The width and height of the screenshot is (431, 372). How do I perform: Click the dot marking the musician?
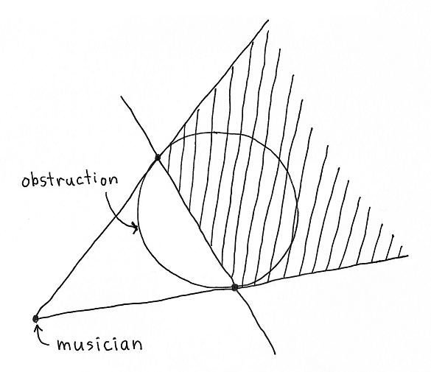pyautogui.click(x=35, y=318)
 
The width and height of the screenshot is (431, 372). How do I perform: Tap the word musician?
pyautogui.click(x=99, y=344)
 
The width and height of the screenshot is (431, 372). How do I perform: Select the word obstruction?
pyautogui.click(x=70, y=180)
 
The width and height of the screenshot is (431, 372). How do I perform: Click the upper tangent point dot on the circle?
pyautogui.click(x=158, y=157)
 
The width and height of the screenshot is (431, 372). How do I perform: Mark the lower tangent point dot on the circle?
pyautogui.click(x=234, y=287)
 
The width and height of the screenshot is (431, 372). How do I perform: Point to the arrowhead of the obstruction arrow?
pyautogui.click(x=135, y=228)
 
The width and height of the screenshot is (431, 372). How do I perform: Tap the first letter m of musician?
pyautogui.click(x=64, y=345)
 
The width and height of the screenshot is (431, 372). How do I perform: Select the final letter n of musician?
pyautogui.click(x=137, y=345)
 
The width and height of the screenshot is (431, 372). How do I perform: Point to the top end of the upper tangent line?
pyautogui.click(x=268, y=20)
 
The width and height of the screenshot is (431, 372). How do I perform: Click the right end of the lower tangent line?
pyautogui.click(x=408, y=256)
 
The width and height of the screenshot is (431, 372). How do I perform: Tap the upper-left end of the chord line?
pyautogui.click(x=121, y=96)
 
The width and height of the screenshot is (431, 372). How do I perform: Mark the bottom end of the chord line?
pyautogui.click(x=275, y=354)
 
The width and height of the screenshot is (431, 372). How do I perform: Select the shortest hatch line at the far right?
pyautogui.click(x=400, y=252)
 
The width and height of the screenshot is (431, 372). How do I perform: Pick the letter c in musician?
pyautogui.click(x=103, y=345)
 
